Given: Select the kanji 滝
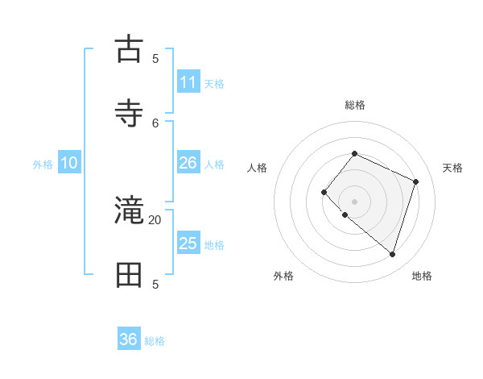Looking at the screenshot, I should (130, 212).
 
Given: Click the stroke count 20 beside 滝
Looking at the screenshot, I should (155, 219).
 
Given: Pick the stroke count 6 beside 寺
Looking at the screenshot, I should (155, 122).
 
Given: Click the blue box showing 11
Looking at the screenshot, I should (188, 82).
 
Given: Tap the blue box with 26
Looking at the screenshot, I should (188, 163).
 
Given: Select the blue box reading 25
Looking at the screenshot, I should (188, 244).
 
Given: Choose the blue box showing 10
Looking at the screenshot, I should (69, 163).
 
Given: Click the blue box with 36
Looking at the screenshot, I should (129, 339).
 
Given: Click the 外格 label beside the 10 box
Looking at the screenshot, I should (43, 165).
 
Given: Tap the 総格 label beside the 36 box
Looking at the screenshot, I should (155, 341).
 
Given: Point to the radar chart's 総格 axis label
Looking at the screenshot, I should (354, 105).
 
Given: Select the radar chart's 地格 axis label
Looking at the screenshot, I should (422, 276).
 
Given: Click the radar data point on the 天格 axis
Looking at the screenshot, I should (416, 181).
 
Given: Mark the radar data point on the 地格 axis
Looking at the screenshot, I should (392, 254).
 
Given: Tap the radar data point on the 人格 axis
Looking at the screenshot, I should (324, 192).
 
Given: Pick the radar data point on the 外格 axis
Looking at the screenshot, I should (345, 215).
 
